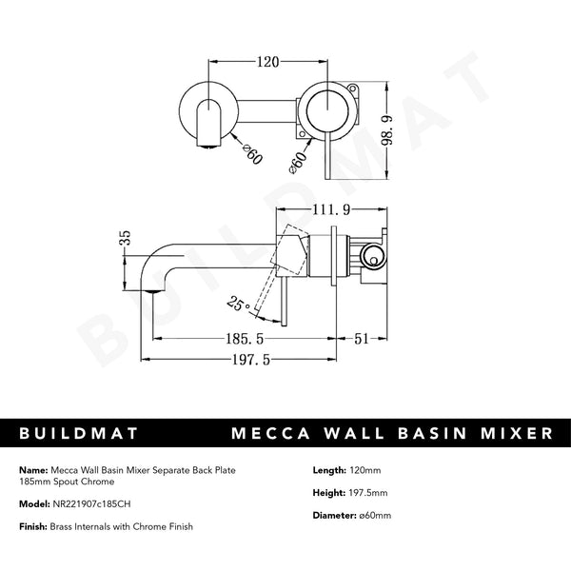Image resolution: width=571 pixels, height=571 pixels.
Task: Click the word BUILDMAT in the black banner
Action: tap(80, 433)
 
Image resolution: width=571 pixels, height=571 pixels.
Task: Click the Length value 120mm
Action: tap(365, 468)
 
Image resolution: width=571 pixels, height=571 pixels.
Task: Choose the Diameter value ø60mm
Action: tap(373, 515)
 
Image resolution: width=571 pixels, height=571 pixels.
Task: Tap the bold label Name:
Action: tap(31, 468)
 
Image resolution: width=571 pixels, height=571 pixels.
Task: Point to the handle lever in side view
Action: tap(284, 295)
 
